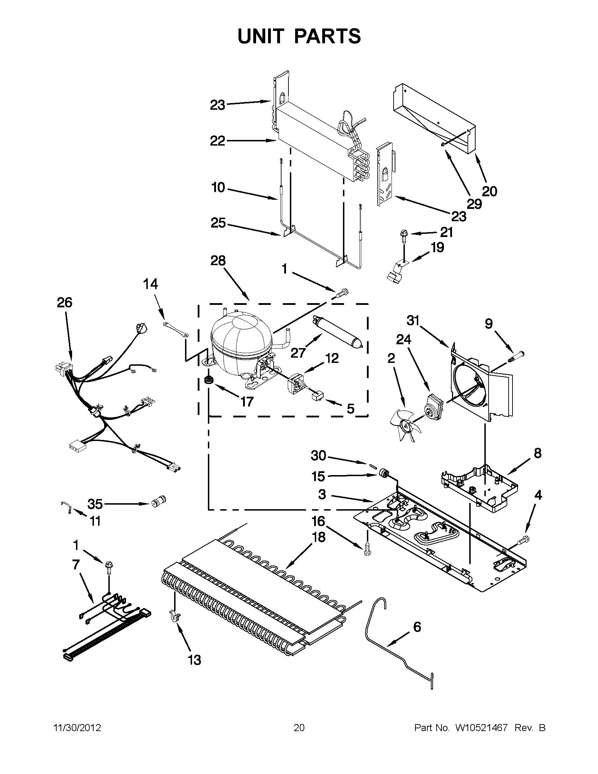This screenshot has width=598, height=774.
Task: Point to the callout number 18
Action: click(319, 537)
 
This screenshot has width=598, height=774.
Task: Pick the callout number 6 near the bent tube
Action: click(417, 627)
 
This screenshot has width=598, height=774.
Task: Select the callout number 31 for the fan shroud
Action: click(413, 321)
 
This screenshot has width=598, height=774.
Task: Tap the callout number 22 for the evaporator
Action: click(218, 141)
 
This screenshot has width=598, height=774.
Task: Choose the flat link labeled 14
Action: click(176, 329)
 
